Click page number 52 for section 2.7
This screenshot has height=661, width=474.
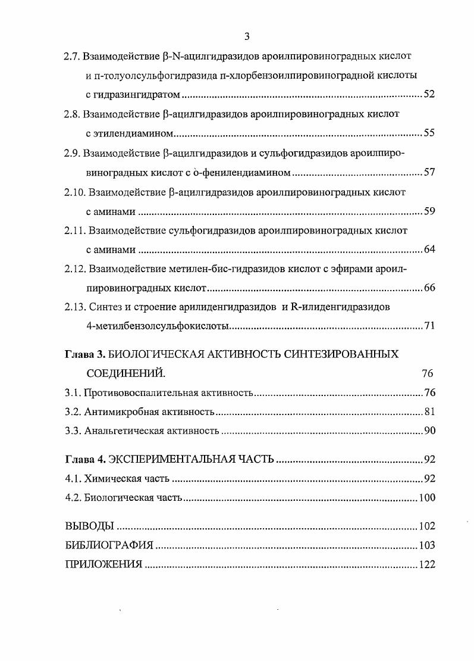(429, 95)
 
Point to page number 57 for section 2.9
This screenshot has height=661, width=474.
(429, 173)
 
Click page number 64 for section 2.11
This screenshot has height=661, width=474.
(429, 249)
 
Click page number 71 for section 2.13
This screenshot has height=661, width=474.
(429, 326)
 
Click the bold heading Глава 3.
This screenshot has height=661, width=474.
(84, 354)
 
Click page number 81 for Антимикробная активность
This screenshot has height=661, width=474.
(429, 412)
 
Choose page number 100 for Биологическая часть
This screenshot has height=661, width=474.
(426, 498)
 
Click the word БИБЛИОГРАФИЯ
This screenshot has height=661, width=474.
(109, 545)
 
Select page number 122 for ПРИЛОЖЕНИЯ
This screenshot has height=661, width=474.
(426, 565)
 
